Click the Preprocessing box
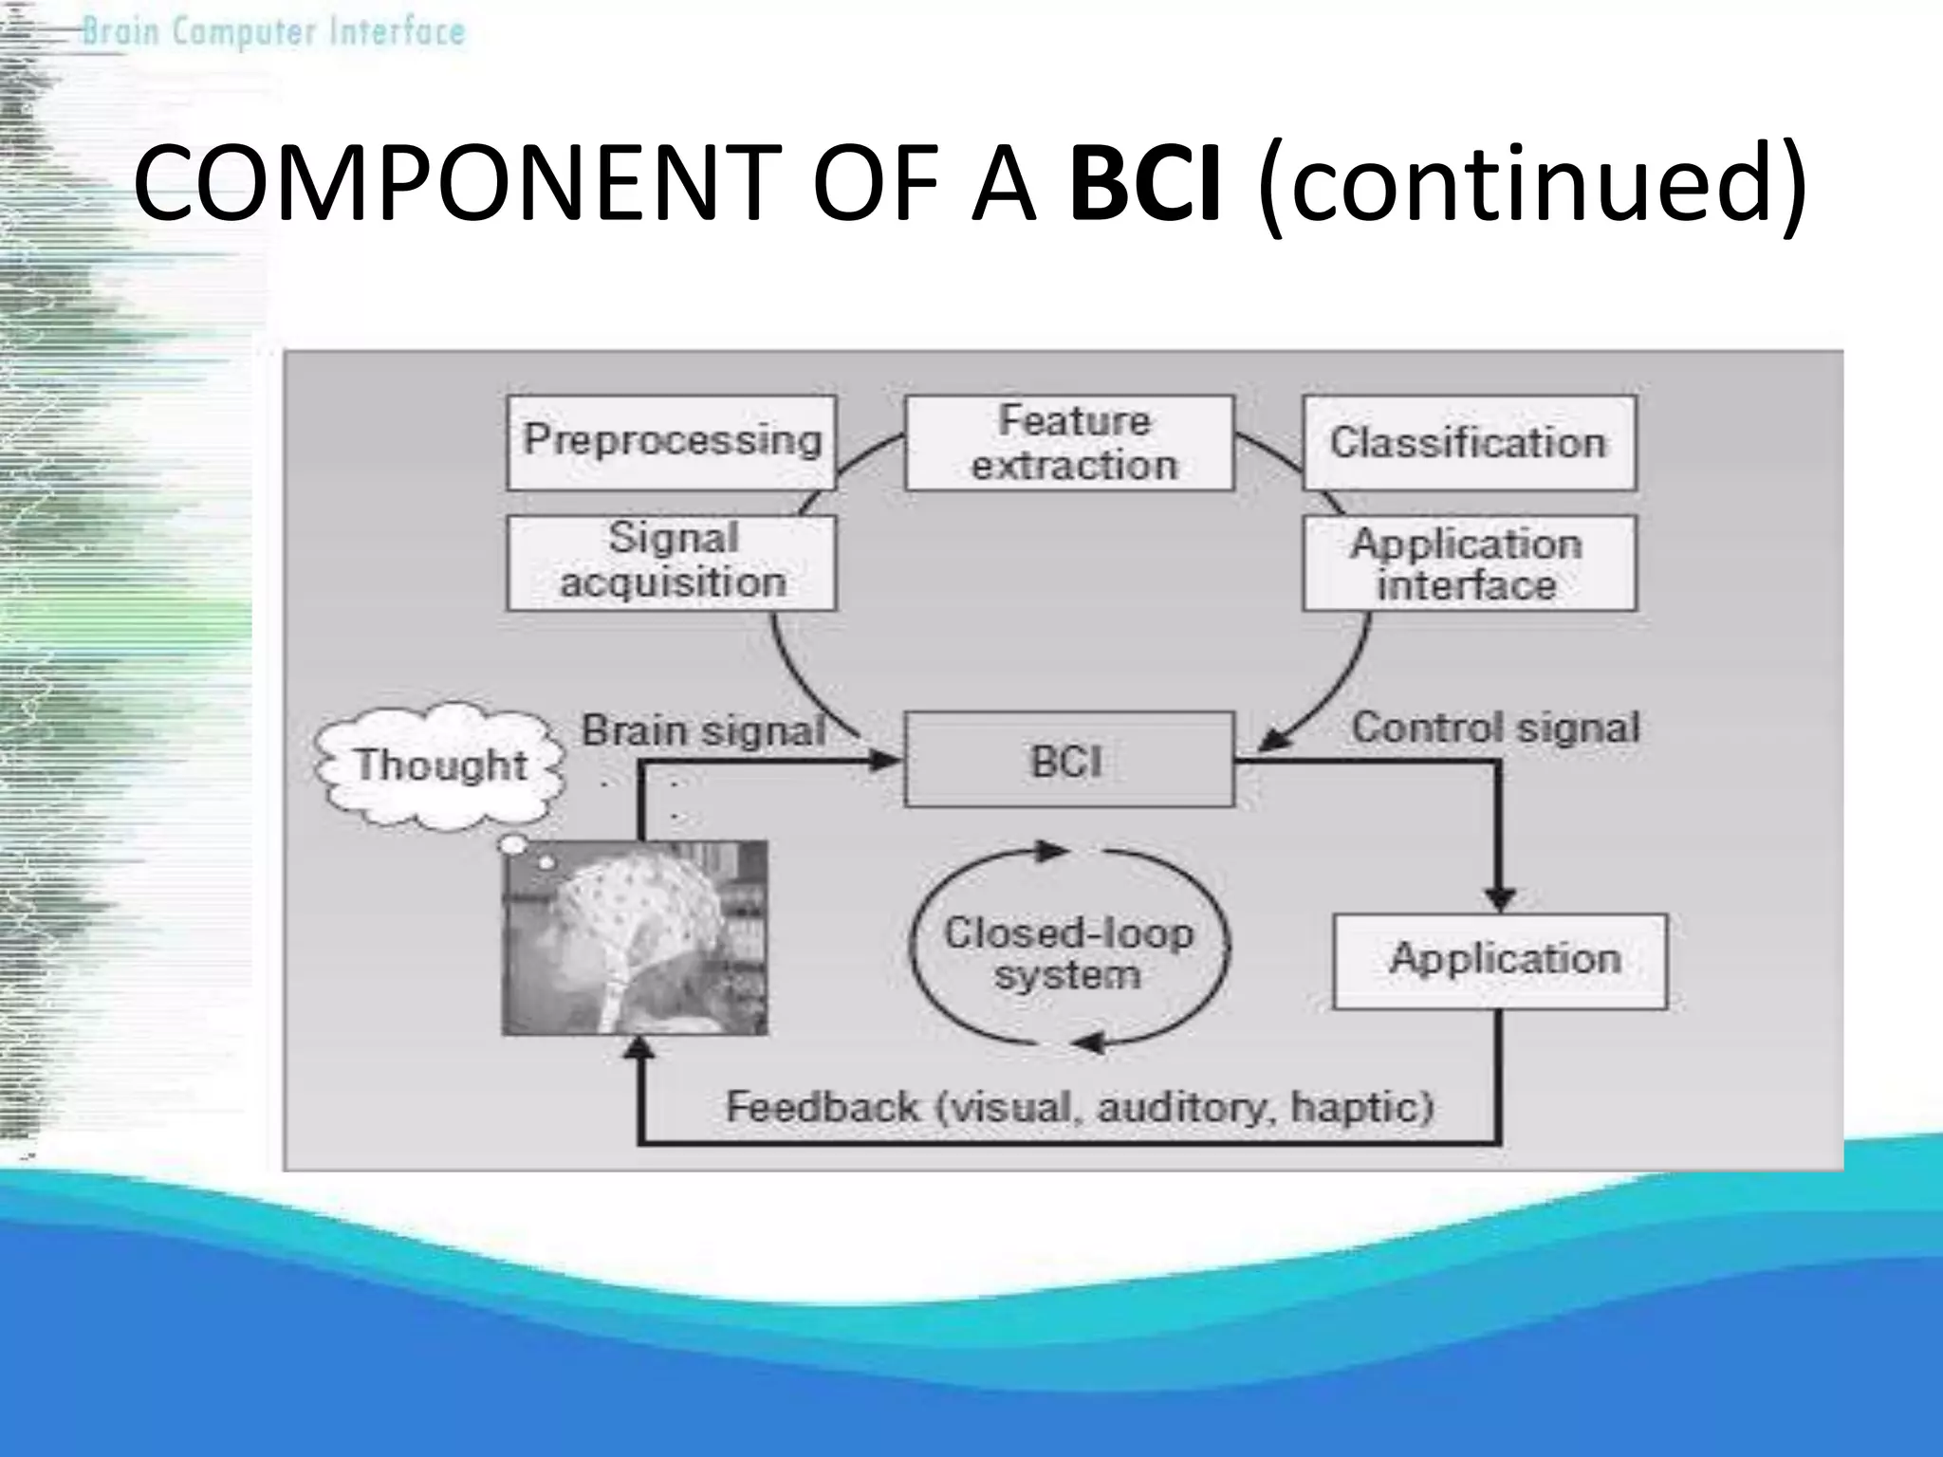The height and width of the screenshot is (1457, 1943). [x=672, y=442]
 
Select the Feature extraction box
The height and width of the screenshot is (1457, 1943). [x=1070, y=442]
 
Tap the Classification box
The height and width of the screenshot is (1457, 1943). [x=1469, y=442]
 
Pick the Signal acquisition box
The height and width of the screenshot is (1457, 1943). [x=672, y=562]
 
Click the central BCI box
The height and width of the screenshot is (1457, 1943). [x=1068, y=759]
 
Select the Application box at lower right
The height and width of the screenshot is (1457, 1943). [x=1501, y=960]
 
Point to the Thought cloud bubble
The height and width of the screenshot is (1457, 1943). [x=438, y=765]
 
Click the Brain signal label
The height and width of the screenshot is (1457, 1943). [x=702, y=730]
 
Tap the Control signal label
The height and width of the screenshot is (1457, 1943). [x=1495, y=728]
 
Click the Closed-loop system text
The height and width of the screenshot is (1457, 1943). [x=1068, y=952]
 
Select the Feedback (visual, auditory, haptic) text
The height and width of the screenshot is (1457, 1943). [x=1080, y=1107]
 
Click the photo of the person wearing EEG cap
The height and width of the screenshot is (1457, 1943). [x=636, y=937]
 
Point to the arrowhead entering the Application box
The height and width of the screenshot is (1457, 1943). [x=1500, y=898]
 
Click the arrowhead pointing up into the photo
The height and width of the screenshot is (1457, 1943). [x=640, y=1047]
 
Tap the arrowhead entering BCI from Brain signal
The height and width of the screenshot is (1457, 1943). [x=886, y=760]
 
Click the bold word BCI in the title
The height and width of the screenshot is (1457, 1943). [x=1144, y=182]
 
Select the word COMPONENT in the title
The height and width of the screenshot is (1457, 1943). [x=452, y=182]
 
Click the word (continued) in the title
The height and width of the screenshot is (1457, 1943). [x=1531, y=182]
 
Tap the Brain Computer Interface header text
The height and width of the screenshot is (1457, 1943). [x=273, y=32]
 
